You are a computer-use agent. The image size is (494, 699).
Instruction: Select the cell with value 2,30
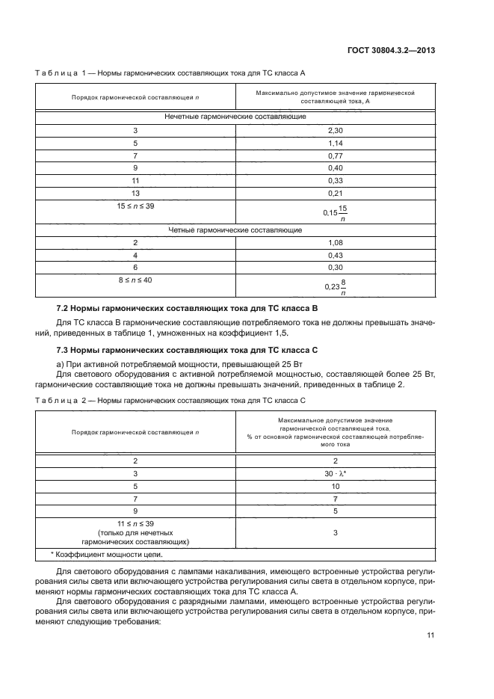[334, 130]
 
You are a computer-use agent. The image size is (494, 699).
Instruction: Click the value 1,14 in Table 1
[334, 143]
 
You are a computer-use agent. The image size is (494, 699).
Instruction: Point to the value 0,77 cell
[334, 155]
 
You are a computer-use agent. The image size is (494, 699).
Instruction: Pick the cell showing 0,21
[334, 193]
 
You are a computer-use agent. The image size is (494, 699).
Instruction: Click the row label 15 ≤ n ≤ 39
[135, 205]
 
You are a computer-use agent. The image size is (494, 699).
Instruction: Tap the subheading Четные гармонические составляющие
[235, 230]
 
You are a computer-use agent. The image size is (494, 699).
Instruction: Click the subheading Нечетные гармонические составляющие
[235, 117]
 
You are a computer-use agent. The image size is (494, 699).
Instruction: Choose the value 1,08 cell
[334, 243]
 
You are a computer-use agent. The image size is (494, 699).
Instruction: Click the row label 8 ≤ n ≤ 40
[135, 280]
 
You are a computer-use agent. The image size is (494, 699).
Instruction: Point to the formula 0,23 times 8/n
[335, 286]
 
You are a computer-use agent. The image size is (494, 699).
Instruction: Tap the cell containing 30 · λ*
[335, 474]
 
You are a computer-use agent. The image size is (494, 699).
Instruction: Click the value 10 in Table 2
[335, 486]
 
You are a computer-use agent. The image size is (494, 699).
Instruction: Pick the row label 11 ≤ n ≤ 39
[135, 524]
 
